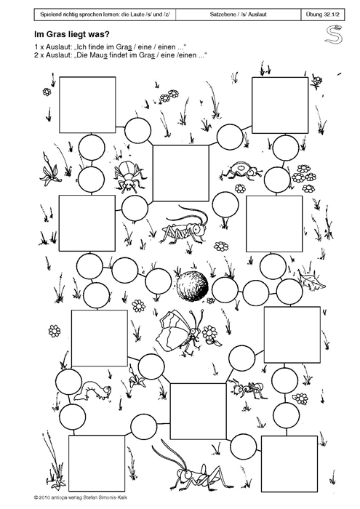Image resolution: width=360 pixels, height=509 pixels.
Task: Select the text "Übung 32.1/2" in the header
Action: pyautogui.click(x=323, y=15)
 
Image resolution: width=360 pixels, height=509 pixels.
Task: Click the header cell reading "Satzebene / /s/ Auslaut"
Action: pyautogui.click(x=239, y=15)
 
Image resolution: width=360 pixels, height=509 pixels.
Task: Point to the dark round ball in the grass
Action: pyautogui.click(x=191, y=284)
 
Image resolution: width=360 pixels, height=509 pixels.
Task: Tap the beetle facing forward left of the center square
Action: pyautogui.click(x=128, y=175)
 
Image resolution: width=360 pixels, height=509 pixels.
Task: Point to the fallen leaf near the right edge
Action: pyautogui.click(x=311, y=281)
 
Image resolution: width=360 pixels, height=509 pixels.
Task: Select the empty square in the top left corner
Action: pyautogui.click(x=87, y=105)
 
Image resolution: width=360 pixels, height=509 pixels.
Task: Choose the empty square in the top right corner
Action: pyautogui.click(x=280, y=105)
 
